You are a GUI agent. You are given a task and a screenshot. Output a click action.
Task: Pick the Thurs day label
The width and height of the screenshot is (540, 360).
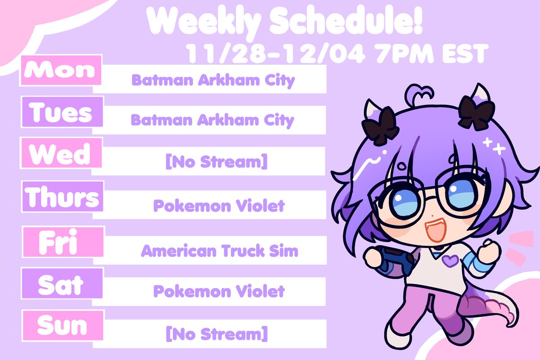63,197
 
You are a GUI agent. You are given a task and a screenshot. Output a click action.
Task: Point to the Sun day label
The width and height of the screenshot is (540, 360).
63,326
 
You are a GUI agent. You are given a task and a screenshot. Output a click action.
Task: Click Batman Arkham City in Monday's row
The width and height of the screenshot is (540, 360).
213,80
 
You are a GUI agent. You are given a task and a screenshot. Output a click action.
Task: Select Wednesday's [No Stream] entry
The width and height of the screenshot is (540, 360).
216,162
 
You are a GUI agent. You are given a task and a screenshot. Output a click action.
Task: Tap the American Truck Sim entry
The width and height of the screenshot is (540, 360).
220,251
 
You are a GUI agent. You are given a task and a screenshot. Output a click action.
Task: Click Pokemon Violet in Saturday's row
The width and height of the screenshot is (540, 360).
219,291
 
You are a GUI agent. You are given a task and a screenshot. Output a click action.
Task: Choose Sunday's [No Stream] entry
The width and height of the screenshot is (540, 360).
217,334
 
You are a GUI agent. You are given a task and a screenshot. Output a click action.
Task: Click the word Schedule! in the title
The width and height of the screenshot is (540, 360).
346,21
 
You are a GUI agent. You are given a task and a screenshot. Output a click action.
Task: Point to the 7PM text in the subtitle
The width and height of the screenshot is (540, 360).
404,54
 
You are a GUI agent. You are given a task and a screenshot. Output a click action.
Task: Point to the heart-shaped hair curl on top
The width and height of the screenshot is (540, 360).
420,94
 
